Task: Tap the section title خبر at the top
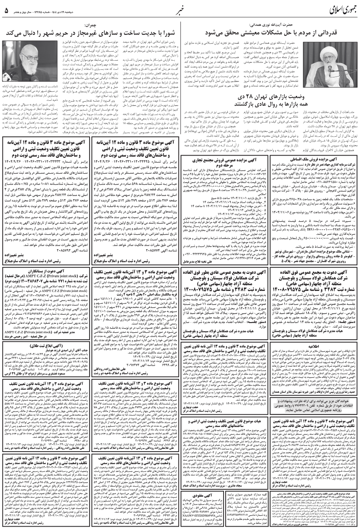pos(180,10)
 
